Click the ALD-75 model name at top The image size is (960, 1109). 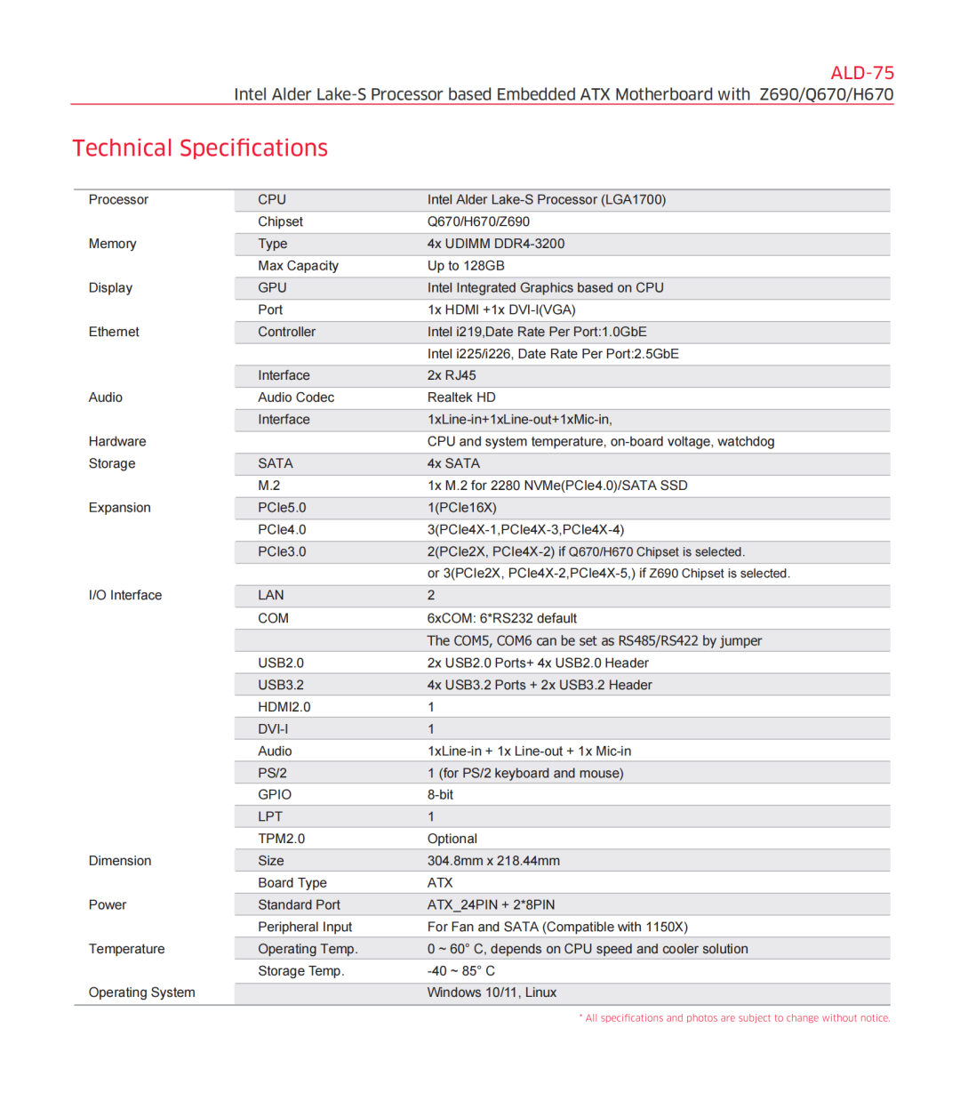(861, 73)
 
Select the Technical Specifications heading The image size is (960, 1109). (200, 148)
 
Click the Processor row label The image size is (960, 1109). (118, 200)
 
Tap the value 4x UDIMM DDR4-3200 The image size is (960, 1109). (495, 244)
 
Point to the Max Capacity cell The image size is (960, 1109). (298, 266)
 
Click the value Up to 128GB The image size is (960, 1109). (466, 266)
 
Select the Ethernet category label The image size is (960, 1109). (114, 332)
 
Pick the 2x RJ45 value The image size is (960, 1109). (452, 375)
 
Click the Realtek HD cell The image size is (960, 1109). (461, 398)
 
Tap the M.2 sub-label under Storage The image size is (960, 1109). (268, 486)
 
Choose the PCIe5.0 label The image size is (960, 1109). (282, 508)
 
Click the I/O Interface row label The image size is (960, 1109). (125, 596)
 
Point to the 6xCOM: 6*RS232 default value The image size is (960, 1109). (501, 618)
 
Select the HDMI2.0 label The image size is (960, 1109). (284, 707)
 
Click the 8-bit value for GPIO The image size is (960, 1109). (440, 795)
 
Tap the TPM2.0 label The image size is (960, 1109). (281, 839)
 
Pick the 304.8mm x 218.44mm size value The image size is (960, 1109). (493, 861)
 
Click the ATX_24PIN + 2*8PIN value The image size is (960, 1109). (491, 905)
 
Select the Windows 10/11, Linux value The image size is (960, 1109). (492, 992)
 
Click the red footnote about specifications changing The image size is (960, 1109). (734, 1018)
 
